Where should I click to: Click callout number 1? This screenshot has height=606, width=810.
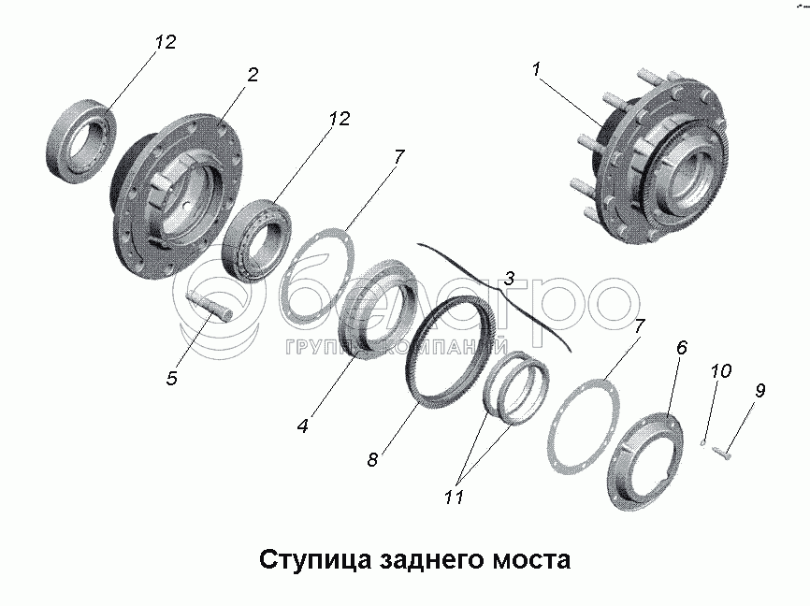pyautogui.click(x=536, y=69)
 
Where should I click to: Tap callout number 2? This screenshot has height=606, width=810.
pyautogui.click(x=253, y=74)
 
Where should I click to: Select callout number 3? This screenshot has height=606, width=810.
pyautogui.click(x=509, y=278)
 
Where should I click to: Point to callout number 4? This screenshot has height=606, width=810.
pyautogui.click(x=302, y=426)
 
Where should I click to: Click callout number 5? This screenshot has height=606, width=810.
pyautogui.click(x=171, y=378)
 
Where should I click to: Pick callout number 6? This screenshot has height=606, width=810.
pyautogui.click(x=681, y=348)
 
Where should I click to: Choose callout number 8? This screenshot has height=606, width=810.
pyautogui.click(x=372, y=459)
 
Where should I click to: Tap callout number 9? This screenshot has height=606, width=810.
pyautogui.click(x=759, y=391)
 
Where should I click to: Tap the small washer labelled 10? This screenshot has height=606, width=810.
pyautogui.click(x=702, y=439)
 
